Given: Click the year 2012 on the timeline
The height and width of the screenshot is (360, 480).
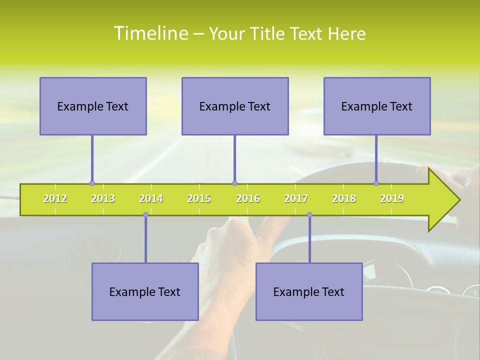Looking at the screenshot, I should pos(55,198).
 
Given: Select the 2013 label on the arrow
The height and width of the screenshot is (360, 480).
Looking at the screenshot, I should pos(103,198).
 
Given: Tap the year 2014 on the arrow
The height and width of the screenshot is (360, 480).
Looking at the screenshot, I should pos(151,198).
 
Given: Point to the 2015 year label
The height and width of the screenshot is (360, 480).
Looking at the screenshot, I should pos(199,198).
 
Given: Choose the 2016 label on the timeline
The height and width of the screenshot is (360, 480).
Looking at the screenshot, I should pos(248,198).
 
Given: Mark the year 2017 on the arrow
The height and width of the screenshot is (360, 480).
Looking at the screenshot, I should pos(296,198).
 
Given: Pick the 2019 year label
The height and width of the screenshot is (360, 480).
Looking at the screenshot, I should pos(392,198).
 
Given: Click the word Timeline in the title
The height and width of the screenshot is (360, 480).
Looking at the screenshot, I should pos(150,33).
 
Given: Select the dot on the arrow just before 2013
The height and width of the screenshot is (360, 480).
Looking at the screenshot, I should pos(92,183).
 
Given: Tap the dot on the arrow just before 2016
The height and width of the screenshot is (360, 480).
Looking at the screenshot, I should pos(234,183).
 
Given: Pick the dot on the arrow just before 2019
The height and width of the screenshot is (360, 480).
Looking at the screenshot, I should pos(376,183).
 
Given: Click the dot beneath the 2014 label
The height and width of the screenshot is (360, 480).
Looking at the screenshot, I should pos(145,215).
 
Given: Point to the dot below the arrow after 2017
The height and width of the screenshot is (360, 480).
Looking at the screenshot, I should pos(309,215).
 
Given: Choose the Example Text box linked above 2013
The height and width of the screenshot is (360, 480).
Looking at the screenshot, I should pos(93,106).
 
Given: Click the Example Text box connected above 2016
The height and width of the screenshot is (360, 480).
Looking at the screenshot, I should pos(235,106).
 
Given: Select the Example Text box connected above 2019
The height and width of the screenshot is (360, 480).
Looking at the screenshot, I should pos(377,106).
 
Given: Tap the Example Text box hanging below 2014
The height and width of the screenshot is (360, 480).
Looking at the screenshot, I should pos(145,291).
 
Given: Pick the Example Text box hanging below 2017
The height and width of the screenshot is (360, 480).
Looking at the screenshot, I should pos(309,291).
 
